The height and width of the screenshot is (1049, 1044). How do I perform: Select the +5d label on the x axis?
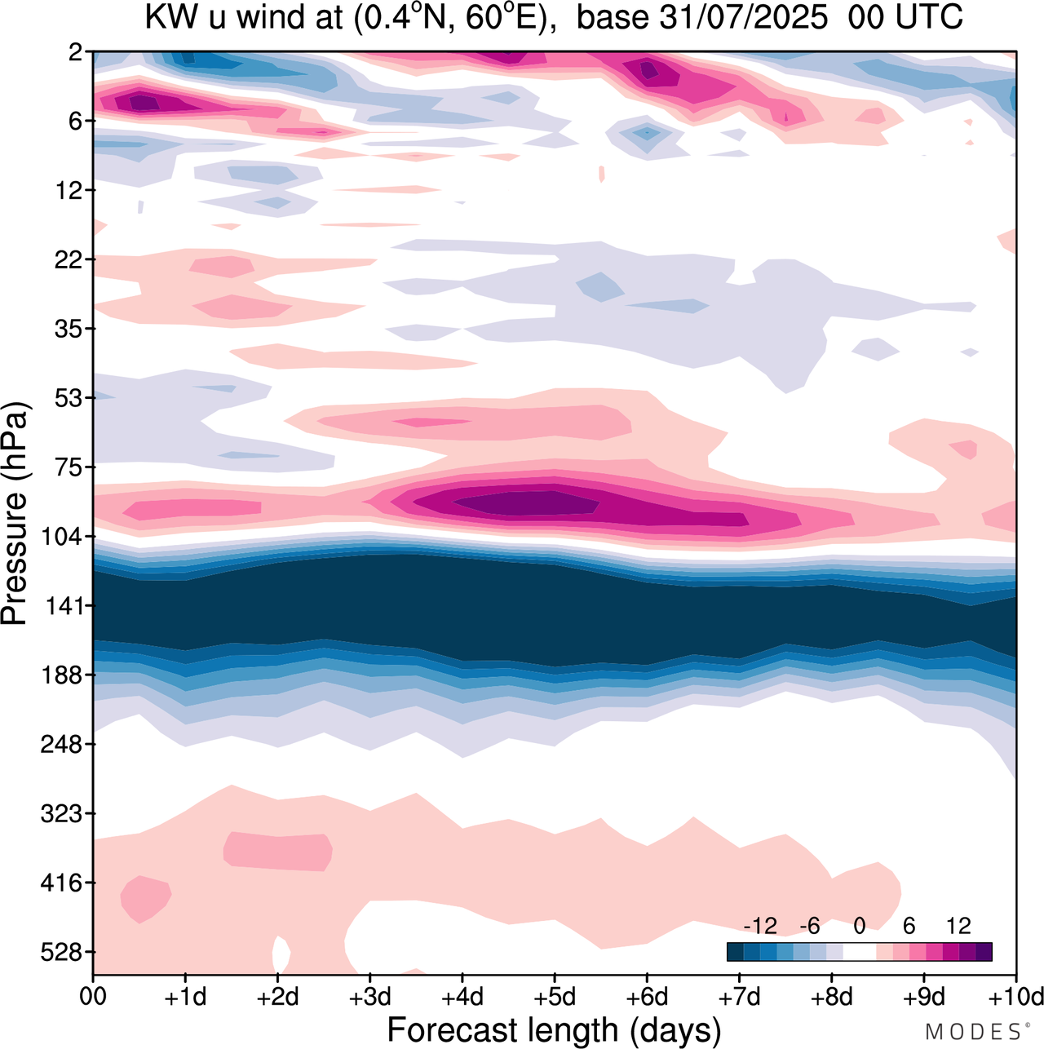(555, 997)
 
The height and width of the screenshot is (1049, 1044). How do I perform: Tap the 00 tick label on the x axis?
(93, 997)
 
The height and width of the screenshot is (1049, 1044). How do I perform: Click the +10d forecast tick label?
(1015, 997)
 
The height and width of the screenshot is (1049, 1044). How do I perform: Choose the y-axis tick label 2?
(76, 52)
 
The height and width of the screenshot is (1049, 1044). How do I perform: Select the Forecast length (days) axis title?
(554, 1029)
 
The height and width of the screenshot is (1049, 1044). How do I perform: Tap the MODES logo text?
(972, 1032)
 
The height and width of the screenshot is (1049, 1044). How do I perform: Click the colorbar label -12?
(760, 926)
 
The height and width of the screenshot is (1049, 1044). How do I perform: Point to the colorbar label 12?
(958, 926)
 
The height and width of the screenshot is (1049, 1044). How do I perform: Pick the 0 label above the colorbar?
(859, 926)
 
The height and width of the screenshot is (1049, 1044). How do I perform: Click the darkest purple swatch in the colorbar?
(984, 951)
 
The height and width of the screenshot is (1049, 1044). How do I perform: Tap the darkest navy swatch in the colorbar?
(736, 951)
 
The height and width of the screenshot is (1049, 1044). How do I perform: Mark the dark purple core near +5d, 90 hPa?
(530, 502)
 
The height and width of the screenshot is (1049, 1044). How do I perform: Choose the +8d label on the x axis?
(831, 997)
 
